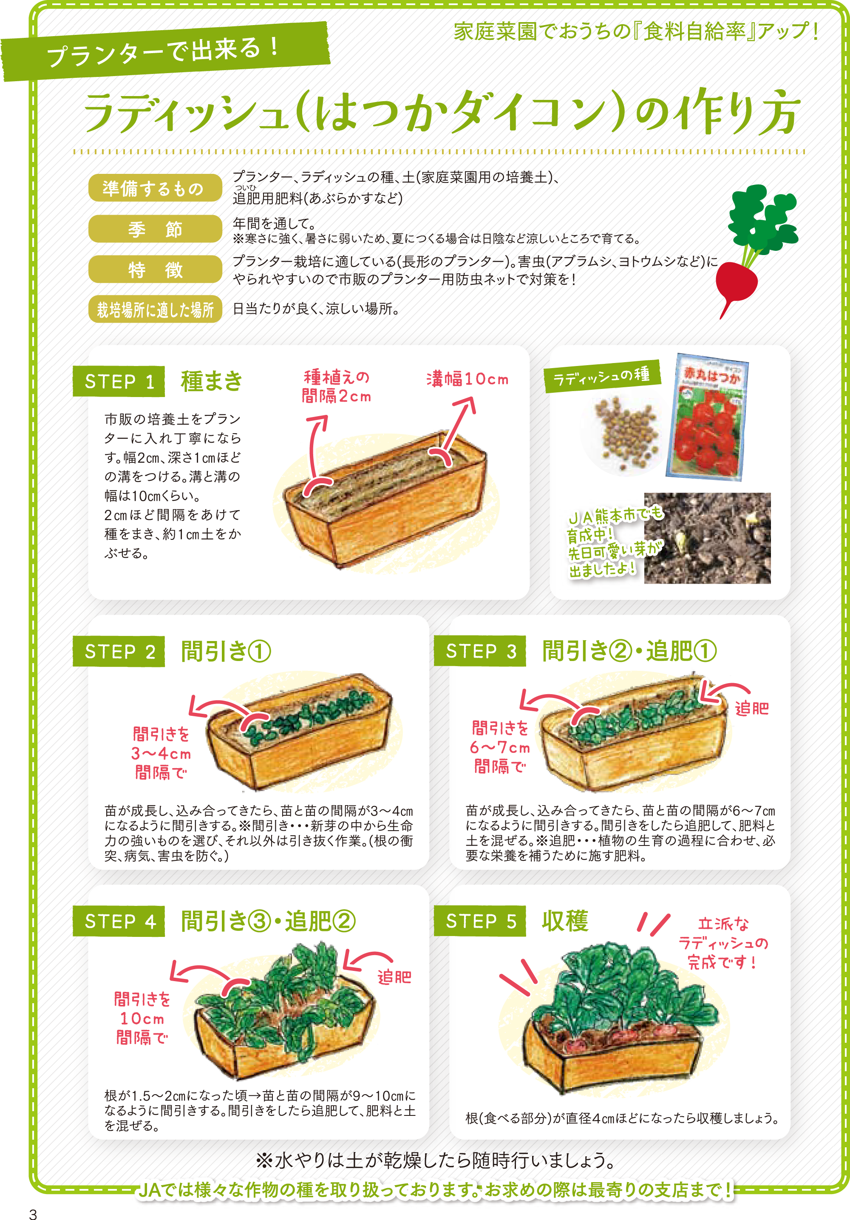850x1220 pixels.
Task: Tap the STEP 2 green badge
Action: point(119,651)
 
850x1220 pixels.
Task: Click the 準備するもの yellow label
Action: point(155,187)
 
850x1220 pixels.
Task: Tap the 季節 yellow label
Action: point(155,229)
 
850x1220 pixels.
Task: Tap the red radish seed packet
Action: point(705,417)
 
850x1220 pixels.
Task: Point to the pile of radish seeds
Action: point(626,434)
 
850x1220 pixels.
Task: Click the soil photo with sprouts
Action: point(707,538)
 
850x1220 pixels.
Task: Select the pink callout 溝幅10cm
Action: point(467,379)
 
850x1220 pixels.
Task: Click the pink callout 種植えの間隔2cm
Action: point(336,386)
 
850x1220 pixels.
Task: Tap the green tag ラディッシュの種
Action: point(602,376)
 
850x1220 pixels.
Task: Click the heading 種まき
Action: point(212,381)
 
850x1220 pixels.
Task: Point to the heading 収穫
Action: point(565,921)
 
